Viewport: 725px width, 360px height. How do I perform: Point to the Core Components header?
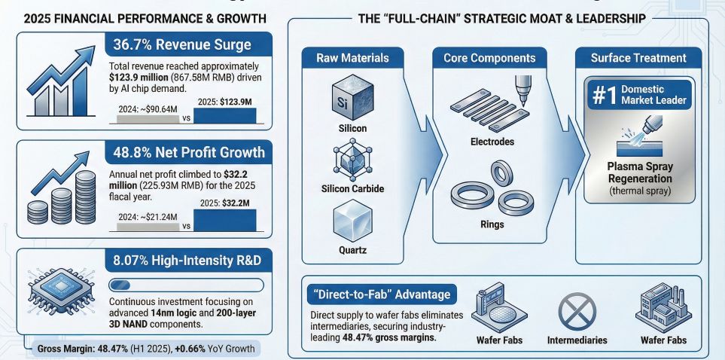(x=489, y=58)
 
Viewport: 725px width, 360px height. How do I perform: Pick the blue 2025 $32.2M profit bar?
(x=225, y=219)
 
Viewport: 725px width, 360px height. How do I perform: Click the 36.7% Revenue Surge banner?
(x=181, y=45)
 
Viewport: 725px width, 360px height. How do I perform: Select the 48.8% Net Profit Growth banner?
(x=188, y=153)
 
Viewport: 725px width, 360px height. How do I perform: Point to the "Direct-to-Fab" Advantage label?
(x=379, y=294)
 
